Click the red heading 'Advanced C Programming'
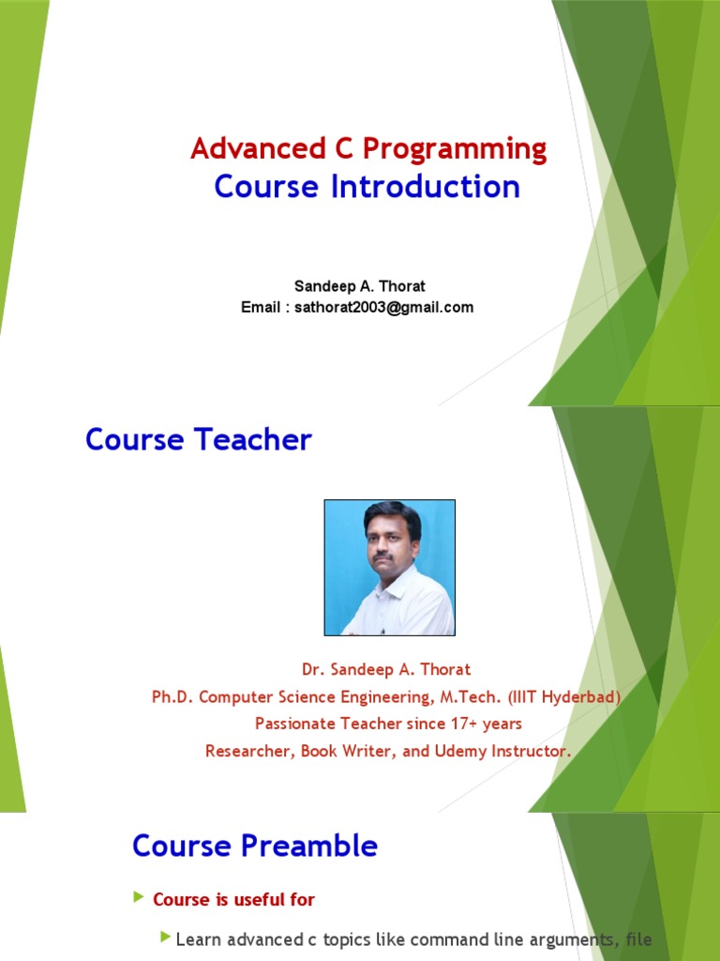point(368,148)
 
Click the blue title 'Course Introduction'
point(367,187)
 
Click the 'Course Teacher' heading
point(198,439)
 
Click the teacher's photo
point(389,567)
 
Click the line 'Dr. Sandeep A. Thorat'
point(385,670)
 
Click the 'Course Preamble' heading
point(255,846)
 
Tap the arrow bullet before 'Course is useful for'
point(140,898)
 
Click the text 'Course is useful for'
point(233,899)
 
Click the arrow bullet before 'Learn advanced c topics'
point(166,937)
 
